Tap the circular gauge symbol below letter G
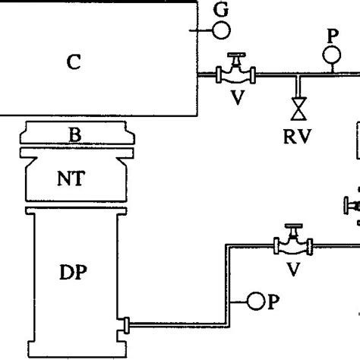(x=222, y=30)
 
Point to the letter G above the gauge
(x=221, y=10)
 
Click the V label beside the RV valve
(x=237, y=98)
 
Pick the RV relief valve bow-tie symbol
(x=297, y=106)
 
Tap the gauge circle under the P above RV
(x=332, y=55)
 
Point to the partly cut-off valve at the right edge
(x=352, y=206)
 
